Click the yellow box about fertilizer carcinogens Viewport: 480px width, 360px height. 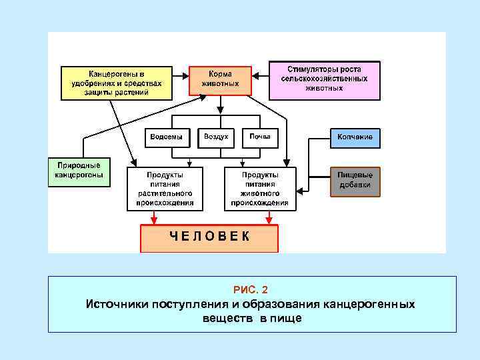pyautogui.click(x=116, y=83)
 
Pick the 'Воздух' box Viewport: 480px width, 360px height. pyautogui.click(x=216, y=137)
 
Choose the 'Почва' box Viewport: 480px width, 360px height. pyautogui.click(x=260, y=137)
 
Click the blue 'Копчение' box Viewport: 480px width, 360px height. pyautogui.click(x=355, y=137)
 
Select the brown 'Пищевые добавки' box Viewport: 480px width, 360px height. pyautogui.click(x=355, y=181)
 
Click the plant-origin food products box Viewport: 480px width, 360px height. pyautogui.click(x=165, y=188)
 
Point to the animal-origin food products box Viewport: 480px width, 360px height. pyautogui.click(x=260, y=188)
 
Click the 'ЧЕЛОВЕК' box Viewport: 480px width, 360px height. pyautogui.click(x=209, y=237)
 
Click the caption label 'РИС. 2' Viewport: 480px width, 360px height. pyautogui.click(x=251, y=289)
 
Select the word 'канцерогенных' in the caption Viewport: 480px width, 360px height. pyautogui.click(x=369, y=304)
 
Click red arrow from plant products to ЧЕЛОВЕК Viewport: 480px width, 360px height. pyautogui.click(x=155, y=217)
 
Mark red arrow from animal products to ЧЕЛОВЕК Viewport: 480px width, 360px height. pyautogui.click(x=269, y=217)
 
